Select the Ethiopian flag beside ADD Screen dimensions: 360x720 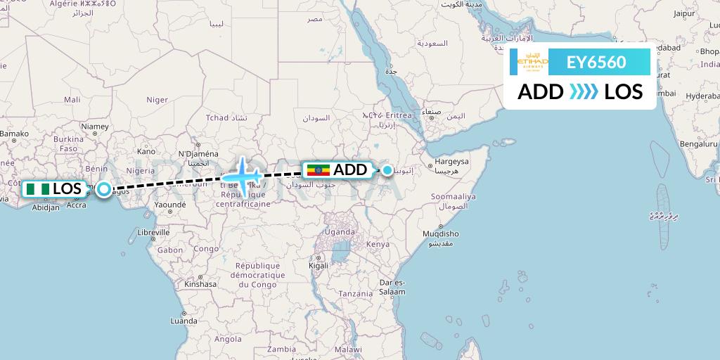click(x=318, y=170)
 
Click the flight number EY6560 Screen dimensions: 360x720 click(x=596, y=63)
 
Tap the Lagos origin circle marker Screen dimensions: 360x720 click(x=104, y=188)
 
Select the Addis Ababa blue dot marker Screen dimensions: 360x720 click(x=387, y=169)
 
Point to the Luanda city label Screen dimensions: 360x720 click(x=183, y=321)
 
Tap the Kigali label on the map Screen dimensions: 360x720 click(x=319, y=266)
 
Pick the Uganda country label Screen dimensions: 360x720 click(x=339, y=231)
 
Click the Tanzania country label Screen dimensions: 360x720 click(x=356, y=292)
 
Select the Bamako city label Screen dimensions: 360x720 click(x=14, y=132)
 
